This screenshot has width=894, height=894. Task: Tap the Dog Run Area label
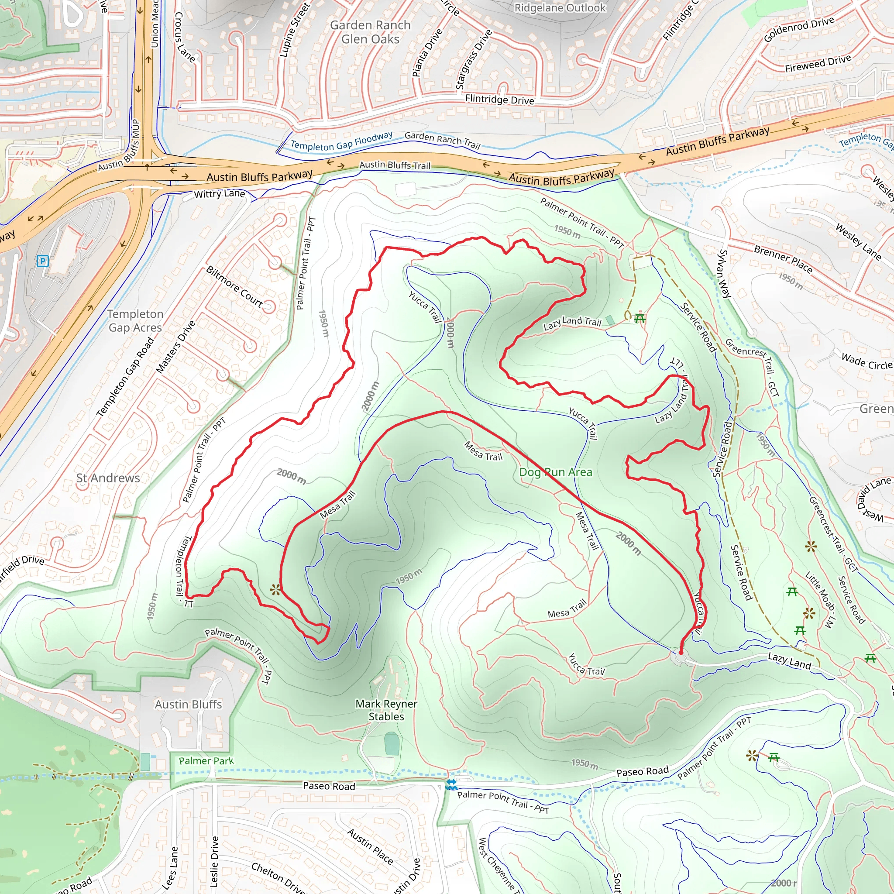[x=555, y=472]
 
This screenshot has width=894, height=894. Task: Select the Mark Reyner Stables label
[x=386, y=710]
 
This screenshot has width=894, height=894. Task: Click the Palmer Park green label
[x=206, y=761]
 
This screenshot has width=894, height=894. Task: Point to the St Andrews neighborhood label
[x=108, y=478]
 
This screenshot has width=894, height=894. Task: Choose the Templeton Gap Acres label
[x=135, y=321]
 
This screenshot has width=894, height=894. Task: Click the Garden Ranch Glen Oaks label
[x=370, y=32]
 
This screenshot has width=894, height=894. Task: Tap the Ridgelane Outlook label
[x=560, y=8]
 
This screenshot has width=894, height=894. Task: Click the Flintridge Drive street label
[x=499, y=99]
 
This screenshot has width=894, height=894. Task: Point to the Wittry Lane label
[x=219, y=193]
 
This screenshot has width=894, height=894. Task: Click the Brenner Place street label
[x=783, y=259]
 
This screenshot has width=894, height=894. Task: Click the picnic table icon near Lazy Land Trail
[x=640, y=318]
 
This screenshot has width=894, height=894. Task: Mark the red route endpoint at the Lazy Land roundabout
[x=681, y=653]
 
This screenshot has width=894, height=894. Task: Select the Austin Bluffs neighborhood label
[x=188, y=704]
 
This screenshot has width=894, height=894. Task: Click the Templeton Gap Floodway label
[x=341, y=141]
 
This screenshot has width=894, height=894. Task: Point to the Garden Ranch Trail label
[x=442, y=140]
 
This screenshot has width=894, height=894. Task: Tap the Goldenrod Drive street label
[x=799, y=29]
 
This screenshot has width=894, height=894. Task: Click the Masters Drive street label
[x=175, y=347]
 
